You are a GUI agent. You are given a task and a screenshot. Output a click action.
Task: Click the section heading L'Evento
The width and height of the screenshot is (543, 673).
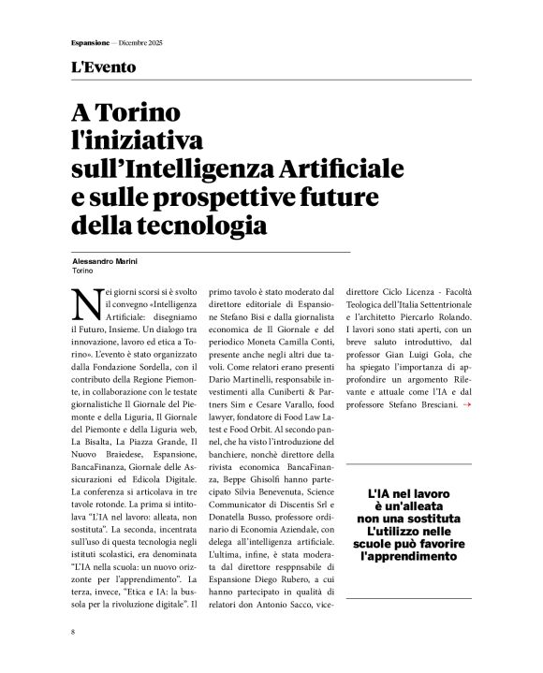[x=103, y=67]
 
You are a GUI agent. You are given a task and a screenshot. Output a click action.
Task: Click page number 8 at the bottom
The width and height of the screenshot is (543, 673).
[x=72, y=633]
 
